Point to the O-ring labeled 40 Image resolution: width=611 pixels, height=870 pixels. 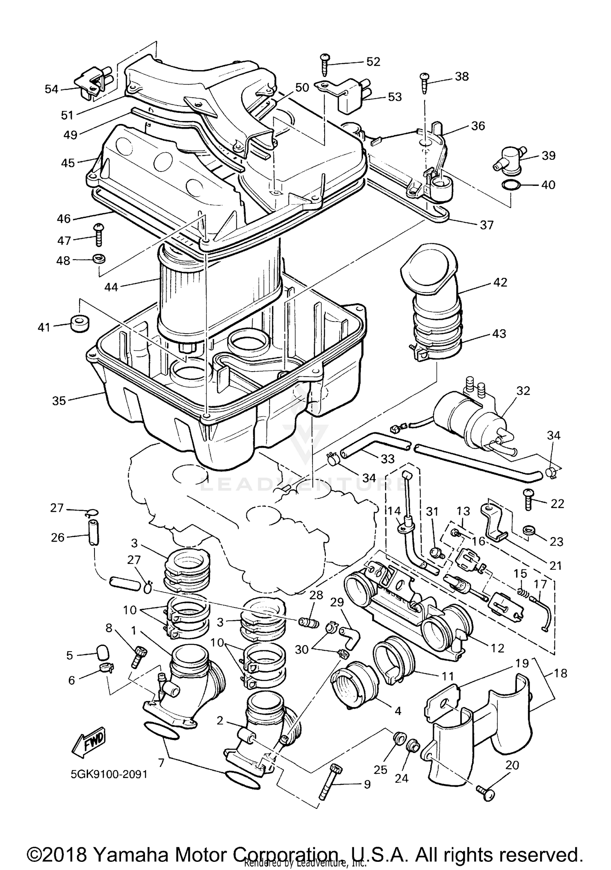tap(511, 185)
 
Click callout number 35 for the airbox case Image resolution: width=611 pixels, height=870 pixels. tap(59, 401)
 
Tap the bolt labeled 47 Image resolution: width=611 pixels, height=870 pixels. tap(98, 235)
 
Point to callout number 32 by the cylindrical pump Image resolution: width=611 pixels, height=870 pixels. tap(523, 391)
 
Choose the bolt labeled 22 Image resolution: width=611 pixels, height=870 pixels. tap(528, 499)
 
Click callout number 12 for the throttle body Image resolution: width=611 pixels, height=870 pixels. tap(498, 648)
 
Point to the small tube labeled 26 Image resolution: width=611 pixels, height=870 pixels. tap(93, 533)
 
